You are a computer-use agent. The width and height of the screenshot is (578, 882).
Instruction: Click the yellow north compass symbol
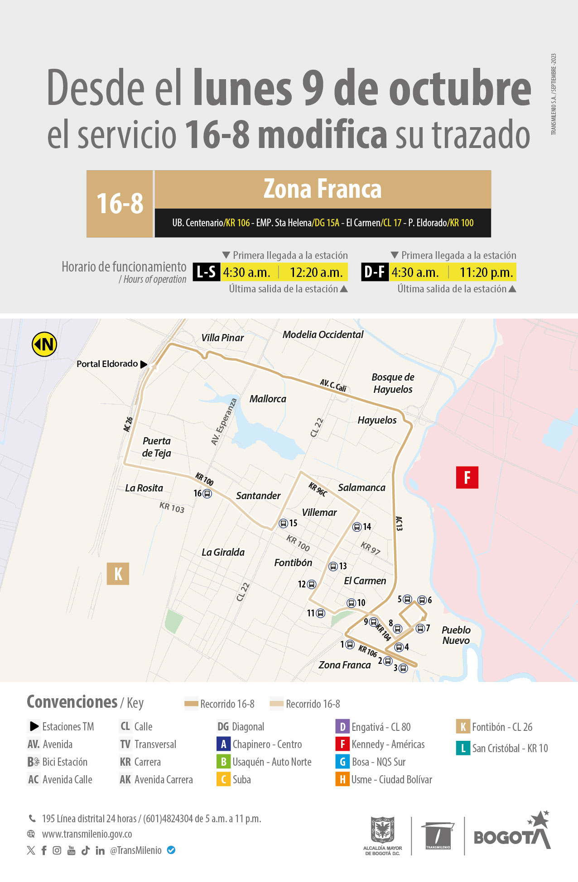click(44, 344)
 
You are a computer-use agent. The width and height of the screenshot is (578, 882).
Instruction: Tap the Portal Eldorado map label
click(107, 364)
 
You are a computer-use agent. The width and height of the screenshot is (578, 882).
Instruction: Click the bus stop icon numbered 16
click(207, 494)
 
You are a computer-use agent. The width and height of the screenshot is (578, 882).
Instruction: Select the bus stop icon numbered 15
click(284, 524)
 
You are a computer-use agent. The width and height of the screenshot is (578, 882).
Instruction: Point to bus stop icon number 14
click(357, 527)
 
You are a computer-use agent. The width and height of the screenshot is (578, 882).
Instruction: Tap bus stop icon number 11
click(321, 613)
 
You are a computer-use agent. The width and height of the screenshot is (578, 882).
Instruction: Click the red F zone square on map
click(467, 477)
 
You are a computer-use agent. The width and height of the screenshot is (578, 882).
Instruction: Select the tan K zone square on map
click(118, 574)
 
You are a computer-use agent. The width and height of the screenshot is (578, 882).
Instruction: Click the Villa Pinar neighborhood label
click(222, 338)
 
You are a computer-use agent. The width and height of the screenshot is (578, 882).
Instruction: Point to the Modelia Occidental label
click(323, 334)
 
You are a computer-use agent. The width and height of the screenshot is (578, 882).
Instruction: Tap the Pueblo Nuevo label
click(456, 635)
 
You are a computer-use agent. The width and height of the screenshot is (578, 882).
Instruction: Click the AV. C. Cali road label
click(333, 385)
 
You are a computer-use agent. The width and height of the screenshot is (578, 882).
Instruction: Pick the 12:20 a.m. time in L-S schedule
click(316, 272)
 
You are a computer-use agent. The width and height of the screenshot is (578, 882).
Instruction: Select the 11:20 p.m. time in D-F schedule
click(486, 272)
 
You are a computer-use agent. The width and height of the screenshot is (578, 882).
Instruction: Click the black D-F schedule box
click(375, 272)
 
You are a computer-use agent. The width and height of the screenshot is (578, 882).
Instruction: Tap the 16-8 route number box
click(120, 204)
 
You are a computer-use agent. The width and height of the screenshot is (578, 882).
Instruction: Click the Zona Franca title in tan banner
click(323, 189)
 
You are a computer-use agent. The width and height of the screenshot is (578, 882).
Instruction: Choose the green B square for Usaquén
click(223, 762)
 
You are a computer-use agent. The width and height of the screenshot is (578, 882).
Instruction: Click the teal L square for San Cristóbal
click(463, 748)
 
